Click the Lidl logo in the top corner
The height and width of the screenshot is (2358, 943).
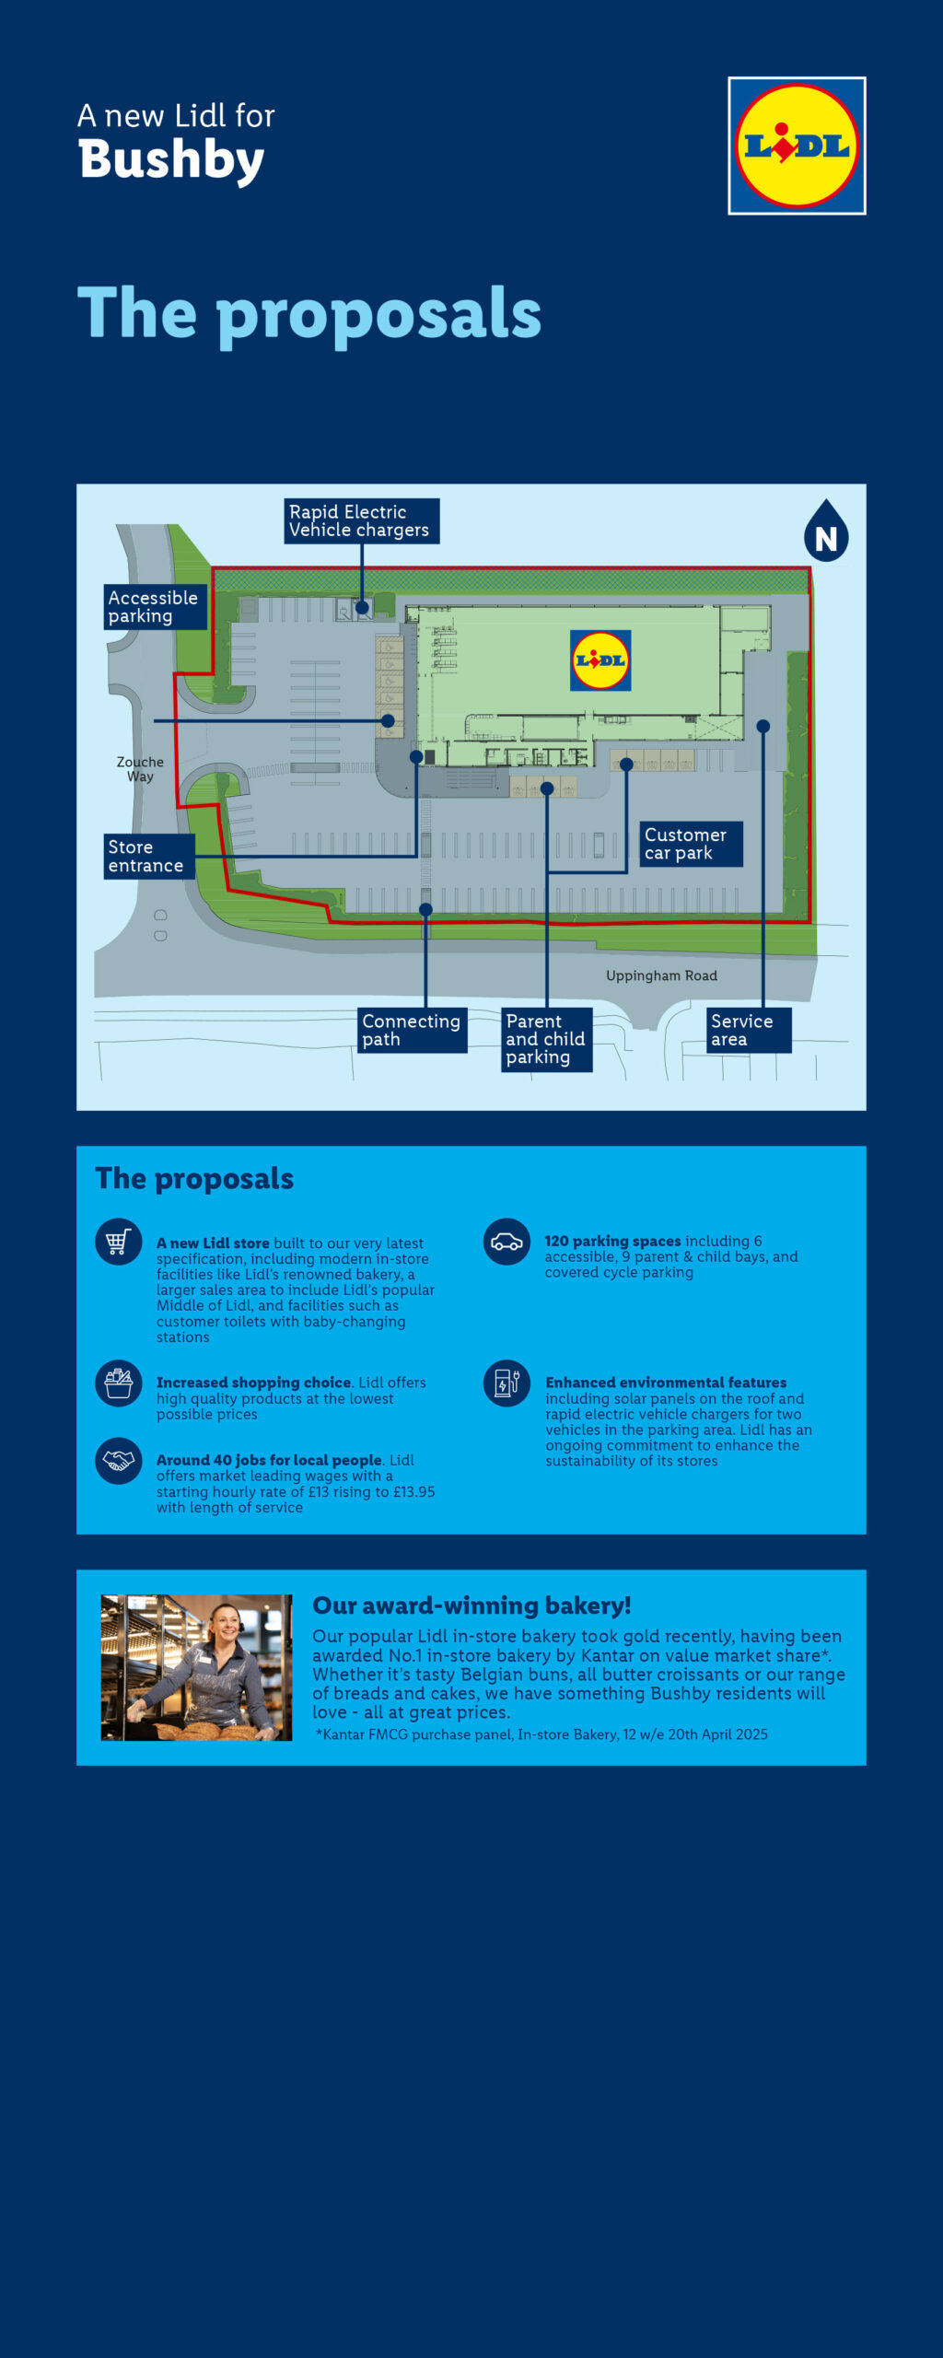[x=797, y=146]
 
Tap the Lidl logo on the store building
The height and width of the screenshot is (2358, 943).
[x=600, y=660]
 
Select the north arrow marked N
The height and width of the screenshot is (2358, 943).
[x=826, y=531]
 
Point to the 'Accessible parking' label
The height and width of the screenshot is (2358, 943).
[x=155, y=607]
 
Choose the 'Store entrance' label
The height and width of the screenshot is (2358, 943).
[x=148, y=857]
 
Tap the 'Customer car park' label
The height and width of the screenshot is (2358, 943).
[x=691, y=845]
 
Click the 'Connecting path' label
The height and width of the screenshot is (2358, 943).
[x=413, y=1030]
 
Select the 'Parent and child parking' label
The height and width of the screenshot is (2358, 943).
[x=547, y=1039]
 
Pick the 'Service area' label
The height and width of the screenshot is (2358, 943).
[x=749, y=1030]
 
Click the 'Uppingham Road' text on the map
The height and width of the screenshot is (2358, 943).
[x=661, y=975]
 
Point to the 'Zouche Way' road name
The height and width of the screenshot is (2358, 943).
[x=140, y=769]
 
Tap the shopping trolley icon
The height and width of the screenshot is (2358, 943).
[x=119, y=1242]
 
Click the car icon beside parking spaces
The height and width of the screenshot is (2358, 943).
[x=506, y=1242]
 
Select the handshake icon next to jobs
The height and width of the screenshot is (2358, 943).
[x=119, y=1461]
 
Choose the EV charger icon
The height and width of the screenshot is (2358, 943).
[x=506, y=1383]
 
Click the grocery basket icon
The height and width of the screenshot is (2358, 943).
[x=119, y=1383]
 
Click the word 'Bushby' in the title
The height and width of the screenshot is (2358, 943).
[x=171, y=160]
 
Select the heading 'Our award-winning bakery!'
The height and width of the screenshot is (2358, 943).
[x=471, y=1605]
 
